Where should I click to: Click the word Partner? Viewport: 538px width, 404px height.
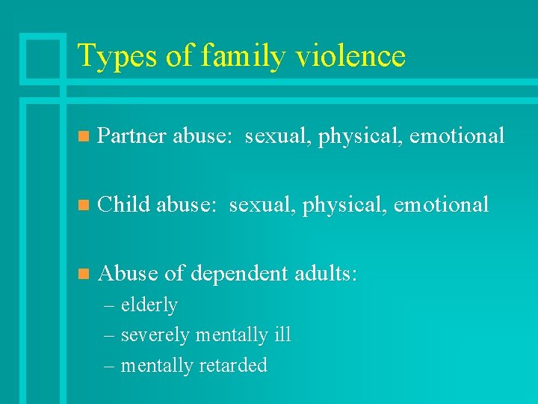tap(132, 136)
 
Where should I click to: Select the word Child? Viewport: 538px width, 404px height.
tap(124, 204)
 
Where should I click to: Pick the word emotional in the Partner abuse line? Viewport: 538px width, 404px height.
tap(457, 136)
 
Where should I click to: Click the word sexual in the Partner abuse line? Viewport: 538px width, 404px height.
tap(276, 136)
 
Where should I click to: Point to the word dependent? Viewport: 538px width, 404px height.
tap(239, 274)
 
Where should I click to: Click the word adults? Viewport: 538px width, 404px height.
tap(327, 273)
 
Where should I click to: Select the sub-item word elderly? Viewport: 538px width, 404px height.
tap(149, 306)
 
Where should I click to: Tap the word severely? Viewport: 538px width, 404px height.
tap(155, 336)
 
